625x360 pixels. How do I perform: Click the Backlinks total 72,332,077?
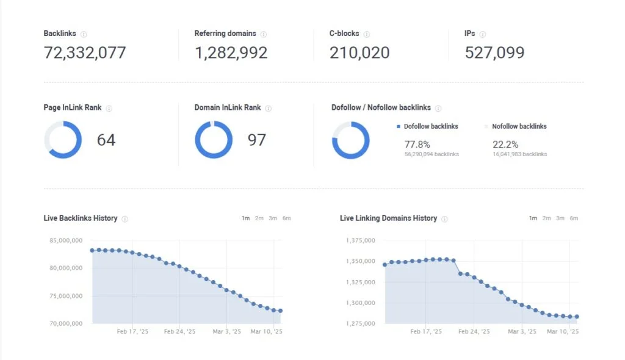(85, 53)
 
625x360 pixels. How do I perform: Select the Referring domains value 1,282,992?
(231, 53)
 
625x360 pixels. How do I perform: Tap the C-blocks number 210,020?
(359, 53)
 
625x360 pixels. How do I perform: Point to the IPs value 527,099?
(494, 53)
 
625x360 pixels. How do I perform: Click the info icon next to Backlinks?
(84, 34)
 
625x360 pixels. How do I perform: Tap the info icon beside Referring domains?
(264, 34)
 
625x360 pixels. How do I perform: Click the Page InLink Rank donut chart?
(63, 140)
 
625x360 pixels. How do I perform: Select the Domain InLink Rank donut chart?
(214, 140)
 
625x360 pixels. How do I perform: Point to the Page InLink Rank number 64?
(106, 140)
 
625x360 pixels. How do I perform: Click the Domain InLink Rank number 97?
(257, 140)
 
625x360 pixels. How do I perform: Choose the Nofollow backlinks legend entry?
(519, 126)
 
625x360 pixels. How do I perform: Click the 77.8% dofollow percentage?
(417, 145)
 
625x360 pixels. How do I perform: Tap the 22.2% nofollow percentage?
(505, 145)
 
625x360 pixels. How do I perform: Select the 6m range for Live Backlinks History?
(287, 218)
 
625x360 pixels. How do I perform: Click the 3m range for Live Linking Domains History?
(560, 218)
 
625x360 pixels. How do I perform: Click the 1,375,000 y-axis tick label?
(361, 240)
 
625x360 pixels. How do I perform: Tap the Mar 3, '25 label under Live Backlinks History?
(226, 332)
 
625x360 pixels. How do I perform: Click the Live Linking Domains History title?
(388, 218)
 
